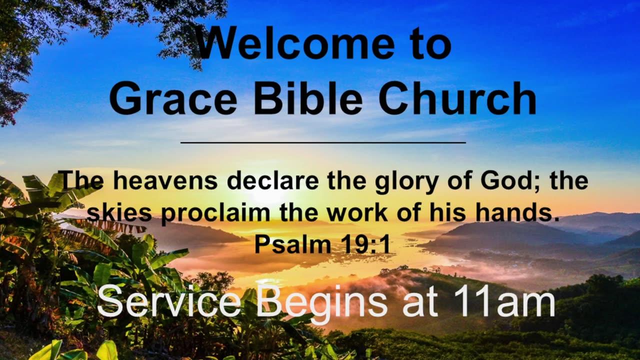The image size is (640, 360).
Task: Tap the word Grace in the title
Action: pyautogui.click(x=173, y=98)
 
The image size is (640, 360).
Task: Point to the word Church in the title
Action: pyautogui.click(x=457, y=98)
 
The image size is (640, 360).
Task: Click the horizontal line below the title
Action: pyautogui.click(x=323, y=142)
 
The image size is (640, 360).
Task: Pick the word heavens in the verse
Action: pyautogui.click(x=165, y=181)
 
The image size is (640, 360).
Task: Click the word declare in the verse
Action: pyautogui.click(x=273, y=181)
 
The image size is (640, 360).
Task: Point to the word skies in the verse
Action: pyautogui.click(x=119, y=213)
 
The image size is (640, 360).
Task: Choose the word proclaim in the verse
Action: pyautogui.click(x=215, y=215)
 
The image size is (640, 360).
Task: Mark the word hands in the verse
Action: pyautogui.click(x=517, y=213)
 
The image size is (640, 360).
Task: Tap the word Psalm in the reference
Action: pyautogui.click(x=293, y=244)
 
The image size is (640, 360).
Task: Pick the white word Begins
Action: pyautogui.click(x=322, y=304)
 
